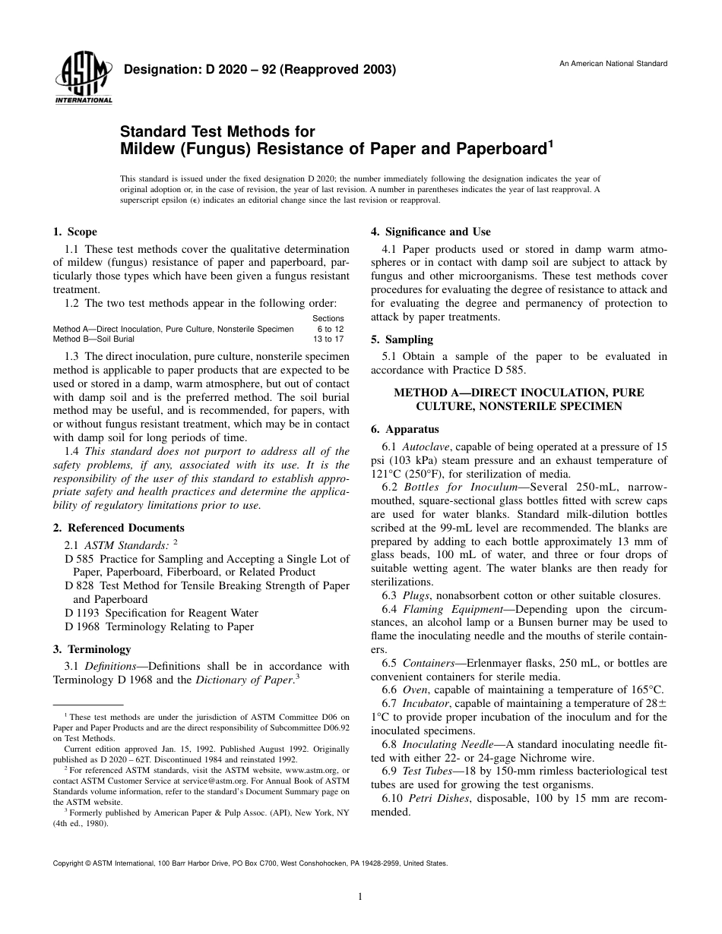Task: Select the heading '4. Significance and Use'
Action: pyautogui.click(x=430, y=232)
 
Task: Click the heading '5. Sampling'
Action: pyautogui.click(x=401, y=339)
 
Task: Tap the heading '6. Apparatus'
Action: pyautogui.click(x=405, y=428)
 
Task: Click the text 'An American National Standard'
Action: pyautogui.click(x=613, y=63)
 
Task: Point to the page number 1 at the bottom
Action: pyautogui.click(x=360, y=897)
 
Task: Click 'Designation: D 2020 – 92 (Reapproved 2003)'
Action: pyautogui.click(x=260, y=70)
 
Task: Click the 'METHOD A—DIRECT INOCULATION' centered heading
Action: pyautogui.click(x=518, y=393)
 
